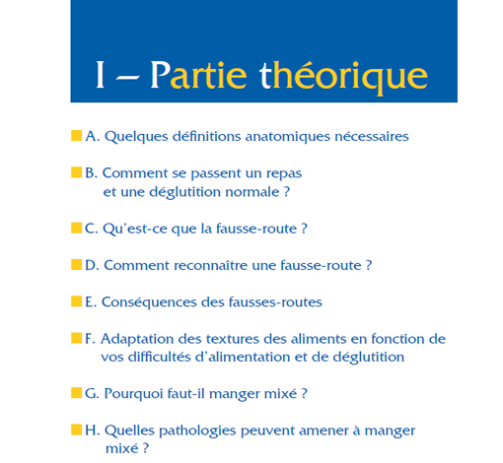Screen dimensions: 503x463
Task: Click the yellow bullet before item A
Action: pos(77,135)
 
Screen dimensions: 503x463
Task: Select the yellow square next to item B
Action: pos(77,172)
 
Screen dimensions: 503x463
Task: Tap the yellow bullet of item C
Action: pos(77,228)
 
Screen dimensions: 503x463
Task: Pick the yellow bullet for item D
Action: pos(77,264)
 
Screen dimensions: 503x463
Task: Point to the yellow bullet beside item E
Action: pos(77,300)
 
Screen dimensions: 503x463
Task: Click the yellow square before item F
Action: pos(77,338)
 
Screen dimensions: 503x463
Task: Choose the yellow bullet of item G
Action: pos(77,393)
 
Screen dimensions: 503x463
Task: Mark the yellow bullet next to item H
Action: pos(77,430)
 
